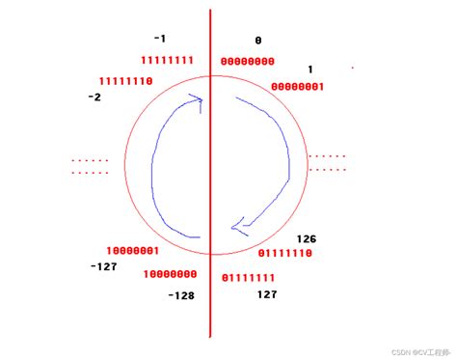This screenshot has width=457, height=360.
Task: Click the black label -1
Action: click(x=160, y=39)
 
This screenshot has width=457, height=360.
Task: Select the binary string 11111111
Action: click(x=167, y=60)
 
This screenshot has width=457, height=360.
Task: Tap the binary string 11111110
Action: click(x=126, y=81)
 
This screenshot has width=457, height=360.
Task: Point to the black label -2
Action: click(x=94, y=97)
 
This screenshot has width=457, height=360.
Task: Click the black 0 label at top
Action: click(x=258, y=41)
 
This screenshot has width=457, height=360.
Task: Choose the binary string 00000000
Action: click(x=248, y=61)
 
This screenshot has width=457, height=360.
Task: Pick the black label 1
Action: click(x=310, y=69)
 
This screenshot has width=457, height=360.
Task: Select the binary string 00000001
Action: click(x=298, y=87)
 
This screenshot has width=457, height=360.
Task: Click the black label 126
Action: click(x=307, y=239)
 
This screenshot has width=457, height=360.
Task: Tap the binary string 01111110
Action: click(x=285, y=253)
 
